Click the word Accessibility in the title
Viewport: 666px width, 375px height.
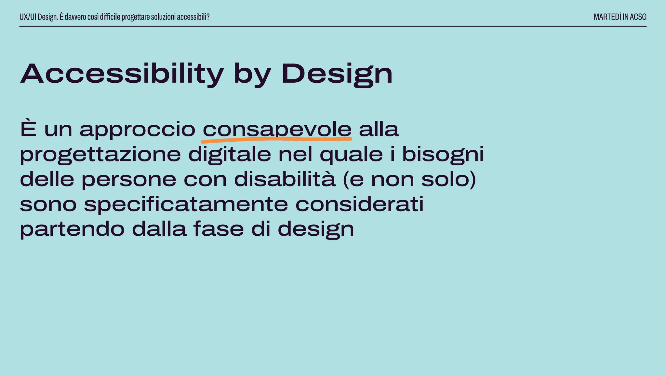[122, 74]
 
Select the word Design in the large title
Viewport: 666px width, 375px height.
[337, 74]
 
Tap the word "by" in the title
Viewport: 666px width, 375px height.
[252, 75]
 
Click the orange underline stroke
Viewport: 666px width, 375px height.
[276, 140]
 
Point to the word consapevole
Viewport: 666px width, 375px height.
[277, 130]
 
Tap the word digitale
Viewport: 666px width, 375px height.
[230, 154]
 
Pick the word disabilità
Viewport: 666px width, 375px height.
[285, 179]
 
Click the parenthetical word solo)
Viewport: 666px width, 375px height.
[449, 179]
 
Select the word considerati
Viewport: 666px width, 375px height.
[359, 204]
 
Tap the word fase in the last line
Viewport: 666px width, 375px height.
[219, 229]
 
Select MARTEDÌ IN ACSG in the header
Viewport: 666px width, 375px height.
[620, 17]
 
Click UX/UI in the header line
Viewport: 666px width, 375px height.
[28, 17]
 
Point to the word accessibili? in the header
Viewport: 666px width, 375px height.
[193, 17]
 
